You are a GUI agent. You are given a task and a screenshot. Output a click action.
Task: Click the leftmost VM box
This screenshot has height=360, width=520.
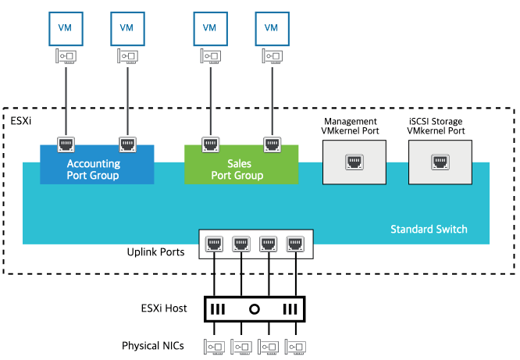[65, 27]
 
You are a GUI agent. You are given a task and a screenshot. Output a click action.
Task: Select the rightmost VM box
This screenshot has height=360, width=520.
[271, 27]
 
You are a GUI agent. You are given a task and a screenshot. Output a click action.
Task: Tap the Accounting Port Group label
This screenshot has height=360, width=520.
[93, 169]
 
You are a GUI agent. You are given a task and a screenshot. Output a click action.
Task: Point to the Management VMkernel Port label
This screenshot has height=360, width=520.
[351, 126]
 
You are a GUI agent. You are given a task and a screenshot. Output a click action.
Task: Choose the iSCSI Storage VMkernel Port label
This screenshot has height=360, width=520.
[436, 126]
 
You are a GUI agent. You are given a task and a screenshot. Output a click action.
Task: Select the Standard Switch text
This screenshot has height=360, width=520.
[429, 229]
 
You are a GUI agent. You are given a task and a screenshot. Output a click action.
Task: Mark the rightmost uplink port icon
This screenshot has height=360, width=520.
[294, 244]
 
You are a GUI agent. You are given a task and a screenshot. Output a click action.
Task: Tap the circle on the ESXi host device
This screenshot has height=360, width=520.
[254, 308]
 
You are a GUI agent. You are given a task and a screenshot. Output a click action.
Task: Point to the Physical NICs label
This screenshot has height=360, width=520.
[153, 345]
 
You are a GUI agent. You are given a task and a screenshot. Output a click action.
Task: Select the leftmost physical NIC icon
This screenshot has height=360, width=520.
[214, 345]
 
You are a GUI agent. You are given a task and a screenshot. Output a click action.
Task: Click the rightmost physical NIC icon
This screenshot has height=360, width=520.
[294, 345]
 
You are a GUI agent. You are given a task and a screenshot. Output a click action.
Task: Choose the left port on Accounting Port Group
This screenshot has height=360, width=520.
[66, 144]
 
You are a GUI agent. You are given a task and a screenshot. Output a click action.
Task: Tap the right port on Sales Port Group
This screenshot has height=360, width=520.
[271, 144]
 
